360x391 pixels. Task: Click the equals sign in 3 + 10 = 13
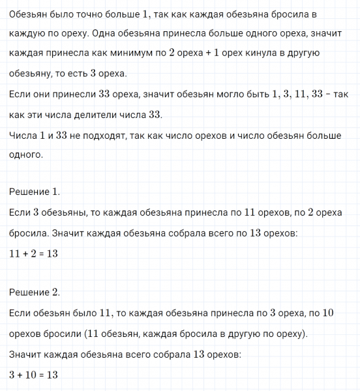[x=42, y=375]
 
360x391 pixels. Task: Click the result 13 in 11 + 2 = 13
[x=52, y=253]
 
